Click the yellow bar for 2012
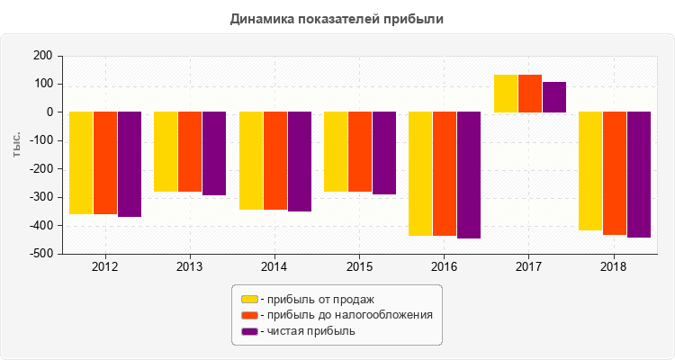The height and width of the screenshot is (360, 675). click(x=81, y=163)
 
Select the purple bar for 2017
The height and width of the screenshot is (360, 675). click(x=553, y=97)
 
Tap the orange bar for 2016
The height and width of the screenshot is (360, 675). click(x=445, y=174)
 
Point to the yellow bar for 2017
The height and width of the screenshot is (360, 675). click(x=506, y=94)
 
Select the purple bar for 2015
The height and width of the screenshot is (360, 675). click(x=384, y=153)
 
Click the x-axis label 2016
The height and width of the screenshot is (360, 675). click(x=444, y=267)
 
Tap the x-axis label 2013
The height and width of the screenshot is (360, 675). click(x=189, y=267)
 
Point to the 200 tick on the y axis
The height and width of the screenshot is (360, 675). click(x=42, y=56)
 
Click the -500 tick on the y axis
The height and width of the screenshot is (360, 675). click(x=40, y=255)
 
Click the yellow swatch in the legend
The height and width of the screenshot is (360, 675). click(x=248, y=299)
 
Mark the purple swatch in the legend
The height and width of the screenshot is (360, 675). click(x=248, y=331)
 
